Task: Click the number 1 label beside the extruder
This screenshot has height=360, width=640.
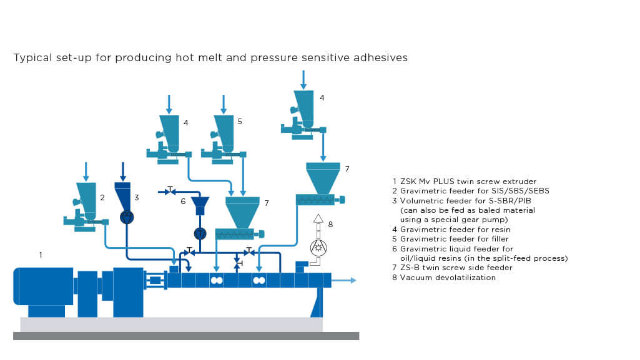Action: [41, 255]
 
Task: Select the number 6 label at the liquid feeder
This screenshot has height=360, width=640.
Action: [183, 201]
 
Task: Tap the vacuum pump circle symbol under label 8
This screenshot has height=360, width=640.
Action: [318, 247]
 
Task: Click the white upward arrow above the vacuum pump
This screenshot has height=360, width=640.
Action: [318, 220]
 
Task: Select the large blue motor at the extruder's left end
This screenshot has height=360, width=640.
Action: [44, 286]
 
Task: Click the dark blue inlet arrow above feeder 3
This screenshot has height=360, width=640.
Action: [123, 170]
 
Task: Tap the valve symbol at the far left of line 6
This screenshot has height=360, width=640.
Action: [171, 190]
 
